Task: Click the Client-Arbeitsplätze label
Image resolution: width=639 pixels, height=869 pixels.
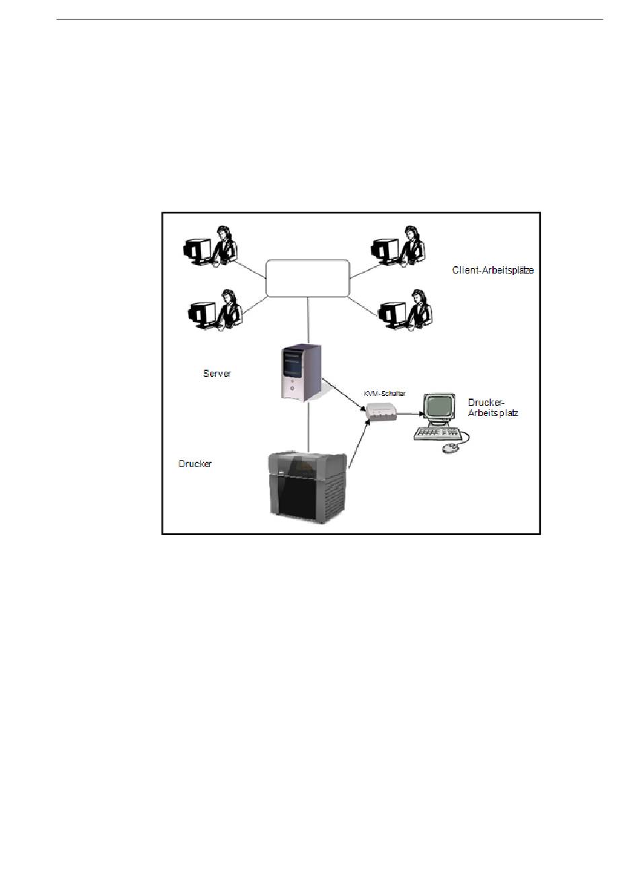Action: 493,271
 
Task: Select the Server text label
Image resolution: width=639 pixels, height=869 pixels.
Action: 217,373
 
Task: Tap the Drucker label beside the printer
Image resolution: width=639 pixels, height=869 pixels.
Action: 195,464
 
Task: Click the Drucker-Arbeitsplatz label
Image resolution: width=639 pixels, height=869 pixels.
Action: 493,407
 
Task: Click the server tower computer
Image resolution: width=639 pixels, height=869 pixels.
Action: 301,372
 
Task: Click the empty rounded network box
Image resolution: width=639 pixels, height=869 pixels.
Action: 308,278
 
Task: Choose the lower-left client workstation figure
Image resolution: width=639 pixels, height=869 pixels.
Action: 215,310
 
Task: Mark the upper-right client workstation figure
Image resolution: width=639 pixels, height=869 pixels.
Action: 399,247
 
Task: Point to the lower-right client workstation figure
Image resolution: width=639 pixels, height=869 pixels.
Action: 406,310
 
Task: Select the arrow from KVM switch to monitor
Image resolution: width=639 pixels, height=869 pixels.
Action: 410,415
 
